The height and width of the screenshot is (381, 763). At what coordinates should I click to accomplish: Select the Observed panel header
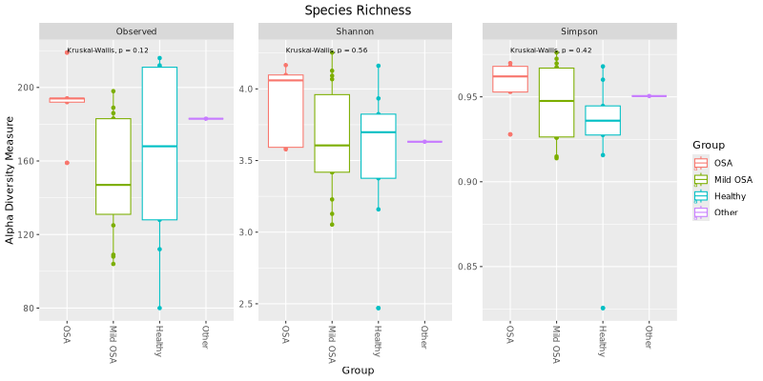click(136, 31)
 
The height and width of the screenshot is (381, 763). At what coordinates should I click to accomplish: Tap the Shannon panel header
click(355, 31)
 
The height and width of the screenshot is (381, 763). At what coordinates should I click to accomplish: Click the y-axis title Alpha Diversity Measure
click(10, 180)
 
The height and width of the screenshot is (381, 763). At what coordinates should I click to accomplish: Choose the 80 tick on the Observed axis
click(30, 309)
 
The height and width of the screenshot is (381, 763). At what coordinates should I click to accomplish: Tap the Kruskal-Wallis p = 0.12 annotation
click(108, 50)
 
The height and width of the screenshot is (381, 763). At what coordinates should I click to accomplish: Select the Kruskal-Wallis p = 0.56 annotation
click(326, 50)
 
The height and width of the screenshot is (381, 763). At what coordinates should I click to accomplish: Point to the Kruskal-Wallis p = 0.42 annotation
click(550, 50)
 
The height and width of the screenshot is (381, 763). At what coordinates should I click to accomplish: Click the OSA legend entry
click(722, 163)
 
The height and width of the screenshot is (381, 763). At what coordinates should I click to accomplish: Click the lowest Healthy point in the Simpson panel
click(603, 309)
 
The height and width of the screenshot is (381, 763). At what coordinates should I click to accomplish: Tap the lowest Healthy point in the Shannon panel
click(379, 309)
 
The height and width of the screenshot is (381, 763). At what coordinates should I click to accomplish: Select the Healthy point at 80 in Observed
click(159, 309)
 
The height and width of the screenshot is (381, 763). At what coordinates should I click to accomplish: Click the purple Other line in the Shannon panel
click(424, 142)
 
